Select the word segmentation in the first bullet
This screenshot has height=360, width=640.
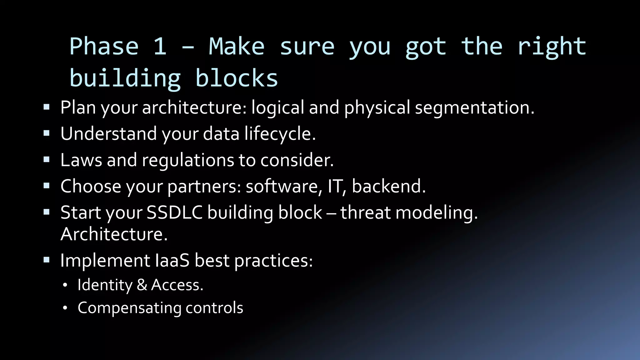(474, 108)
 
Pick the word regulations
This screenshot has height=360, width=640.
(188, 161)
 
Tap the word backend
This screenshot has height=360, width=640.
(388, 186)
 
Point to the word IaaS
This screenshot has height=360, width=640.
(172, 260)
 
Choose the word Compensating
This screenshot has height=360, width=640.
(129, 308)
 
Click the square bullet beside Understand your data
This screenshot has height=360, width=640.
(47, 133)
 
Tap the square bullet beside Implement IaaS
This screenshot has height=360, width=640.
(47, 260)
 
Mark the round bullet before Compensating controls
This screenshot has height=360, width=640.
(65, 308)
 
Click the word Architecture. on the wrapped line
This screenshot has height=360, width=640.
(114, 234)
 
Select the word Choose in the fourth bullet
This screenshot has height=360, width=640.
(91, 186)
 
